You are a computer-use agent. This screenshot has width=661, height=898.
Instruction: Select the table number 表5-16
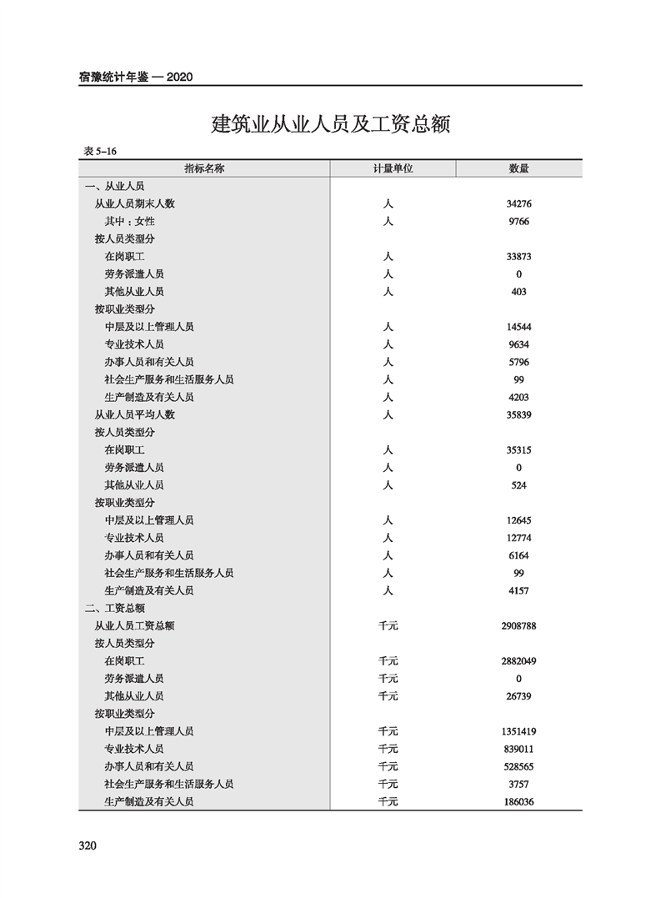[x=100, y=151]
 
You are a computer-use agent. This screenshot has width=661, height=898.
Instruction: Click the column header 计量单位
[x=393, y=168]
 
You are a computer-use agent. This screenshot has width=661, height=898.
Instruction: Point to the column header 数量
[x=518, y=168]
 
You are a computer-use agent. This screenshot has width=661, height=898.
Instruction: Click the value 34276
[x=518, y=203]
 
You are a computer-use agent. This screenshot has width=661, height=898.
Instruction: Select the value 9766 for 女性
[x=518, y=221]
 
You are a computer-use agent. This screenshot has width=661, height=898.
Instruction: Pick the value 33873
[x=518, y=256]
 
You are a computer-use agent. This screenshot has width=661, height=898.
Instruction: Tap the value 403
[x=518, y=292]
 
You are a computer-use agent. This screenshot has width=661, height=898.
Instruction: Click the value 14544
[x=518, y=327]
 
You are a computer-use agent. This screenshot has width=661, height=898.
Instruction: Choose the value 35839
[x=518, y=414]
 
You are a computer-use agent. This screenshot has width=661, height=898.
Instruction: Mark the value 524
[x=518, y=485]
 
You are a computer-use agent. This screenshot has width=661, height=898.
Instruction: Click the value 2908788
[x=518, y=625]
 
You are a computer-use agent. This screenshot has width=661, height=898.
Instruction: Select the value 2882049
[x=518, y=660]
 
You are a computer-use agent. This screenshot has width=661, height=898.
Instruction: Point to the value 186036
[x=518, y=801]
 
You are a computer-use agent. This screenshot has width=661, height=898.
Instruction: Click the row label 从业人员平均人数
[x=134, y=414]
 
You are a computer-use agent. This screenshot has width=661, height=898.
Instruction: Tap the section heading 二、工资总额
[x=114, y=608]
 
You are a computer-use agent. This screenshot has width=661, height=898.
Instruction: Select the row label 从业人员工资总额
[x=134, y=625]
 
